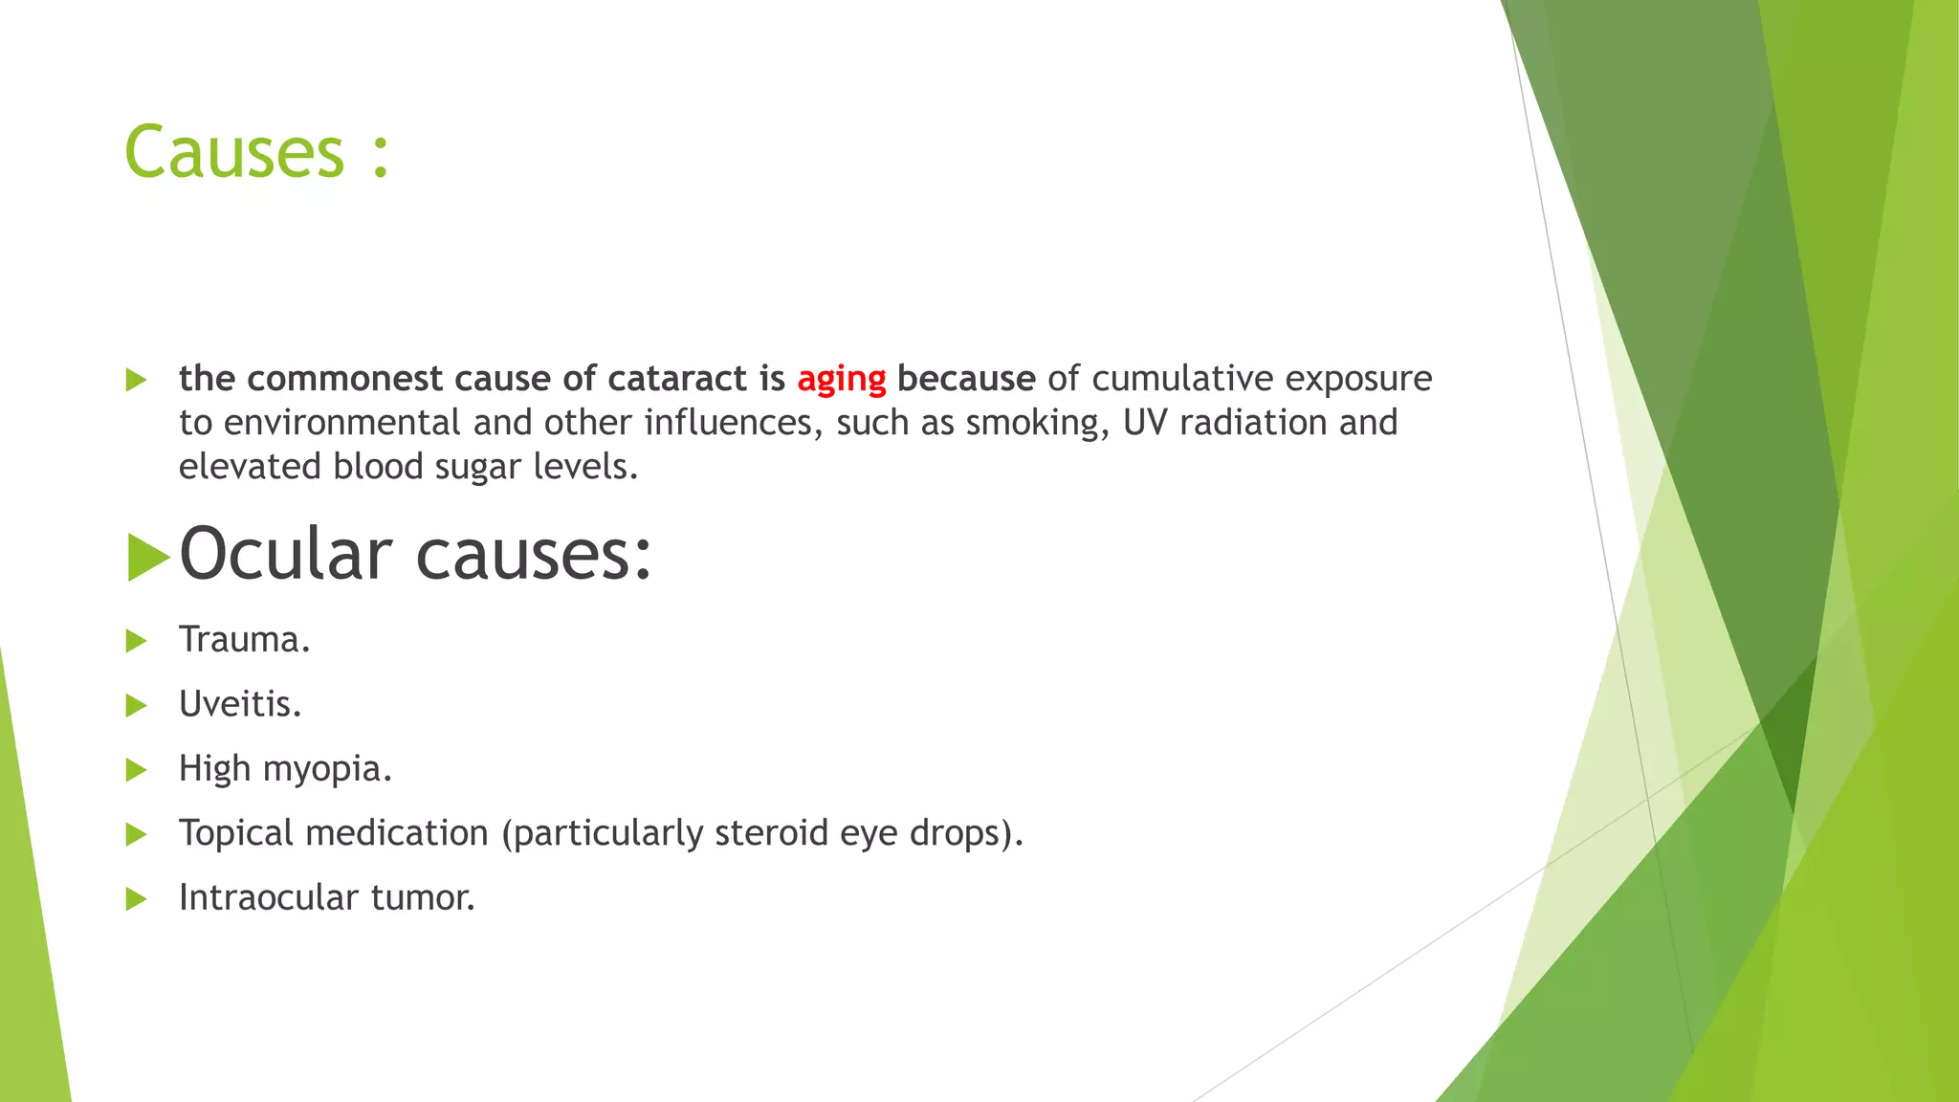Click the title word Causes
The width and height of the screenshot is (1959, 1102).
click(233, 153)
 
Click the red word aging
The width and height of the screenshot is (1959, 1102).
click(842, 380)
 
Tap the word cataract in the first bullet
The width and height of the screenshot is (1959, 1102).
click(677, 379)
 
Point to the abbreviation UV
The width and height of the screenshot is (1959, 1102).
click(1145, 423)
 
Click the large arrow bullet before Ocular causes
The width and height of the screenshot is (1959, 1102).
click(147, 557)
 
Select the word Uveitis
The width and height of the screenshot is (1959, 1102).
click(240, 705)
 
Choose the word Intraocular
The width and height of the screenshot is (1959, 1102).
click(268, 898)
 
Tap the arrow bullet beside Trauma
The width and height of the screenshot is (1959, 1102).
click(136, 641)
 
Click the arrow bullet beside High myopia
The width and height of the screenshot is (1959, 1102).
click(136, 770)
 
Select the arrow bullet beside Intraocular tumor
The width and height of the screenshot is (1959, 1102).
click(136, 899)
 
